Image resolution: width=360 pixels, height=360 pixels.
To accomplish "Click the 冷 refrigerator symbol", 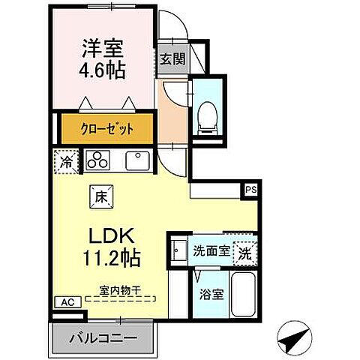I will point(65,160).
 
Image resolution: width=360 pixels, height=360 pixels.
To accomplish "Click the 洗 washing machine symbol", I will point(244,253).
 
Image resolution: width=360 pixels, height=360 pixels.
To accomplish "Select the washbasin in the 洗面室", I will point(178,250).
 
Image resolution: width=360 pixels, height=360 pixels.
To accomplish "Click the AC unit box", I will point(67,302).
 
